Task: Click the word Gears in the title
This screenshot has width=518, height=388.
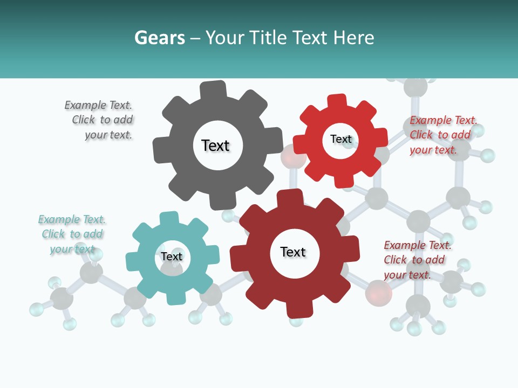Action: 159,38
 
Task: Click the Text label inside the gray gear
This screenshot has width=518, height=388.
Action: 215,145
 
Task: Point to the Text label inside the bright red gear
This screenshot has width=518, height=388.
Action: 340,139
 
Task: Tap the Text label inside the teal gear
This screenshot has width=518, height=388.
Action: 172,257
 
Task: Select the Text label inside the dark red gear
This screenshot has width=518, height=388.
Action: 293,252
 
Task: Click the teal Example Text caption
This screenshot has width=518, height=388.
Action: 72,234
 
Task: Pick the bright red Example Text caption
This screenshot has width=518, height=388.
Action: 443,135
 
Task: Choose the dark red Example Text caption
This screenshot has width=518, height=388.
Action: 417,260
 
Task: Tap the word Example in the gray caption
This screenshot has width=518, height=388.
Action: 85,105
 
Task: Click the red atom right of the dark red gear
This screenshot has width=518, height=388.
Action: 378,293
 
